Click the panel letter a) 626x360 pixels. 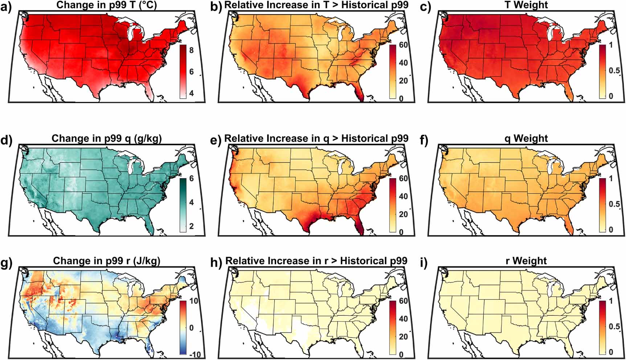[x=7, y=6]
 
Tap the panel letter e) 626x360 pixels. [x=216, y=140]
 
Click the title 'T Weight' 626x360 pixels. [x=526, y=5]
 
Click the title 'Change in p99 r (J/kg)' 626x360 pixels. [x=107, y=261]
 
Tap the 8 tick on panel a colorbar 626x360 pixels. [x=192, y=50]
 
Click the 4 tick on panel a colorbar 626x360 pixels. [x=192, y=93]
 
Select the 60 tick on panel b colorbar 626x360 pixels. [x=403, y=45]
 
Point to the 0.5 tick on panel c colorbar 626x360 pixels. [x=614, y=70]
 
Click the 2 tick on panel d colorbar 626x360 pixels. [x=192, y=226]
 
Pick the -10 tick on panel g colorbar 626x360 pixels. [x=195, y=354]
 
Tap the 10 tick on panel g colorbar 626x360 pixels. [x=194, y=301]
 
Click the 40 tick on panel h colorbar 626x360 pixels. [x=403, y=319]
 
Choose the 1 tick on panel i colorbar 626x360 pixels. [x=611, y=301]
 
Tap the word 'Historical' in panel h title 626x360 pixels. [x=363, y=261]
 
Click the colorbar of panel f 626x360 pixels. [x=602, y=205]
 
